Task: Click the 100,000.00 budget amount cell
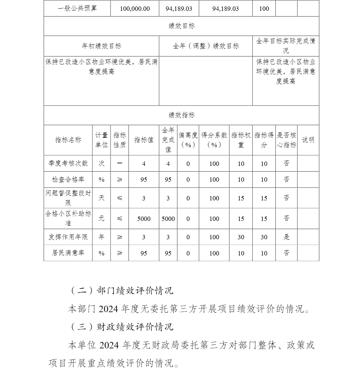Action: click(x=135, y=9)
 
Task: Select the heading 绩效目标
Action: click(x=181, y=26)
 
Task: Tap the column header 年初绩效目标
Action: click(x=101, y=46)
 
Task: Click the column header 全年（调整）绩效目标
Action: click(x=206, y=46)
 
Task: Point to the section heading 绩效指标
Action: click(x=181, y=115)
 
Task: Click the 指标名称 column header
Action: click(x=68, y=140)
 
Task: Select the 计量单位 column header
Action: click(x=102, y=140)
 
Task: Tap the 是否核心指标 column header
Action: click(x=287, y=140)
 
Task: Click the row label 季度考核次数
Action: click(x=68, y=163)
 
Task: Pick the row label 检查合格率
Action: click(x=68, y=179)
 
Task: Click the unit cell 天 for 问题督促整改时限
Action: click(x=102, y=198)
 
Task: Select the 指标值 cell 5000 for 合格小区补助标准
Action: click(x=144, y=219)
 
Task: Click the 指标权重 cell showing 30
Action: click(x=241, y=237)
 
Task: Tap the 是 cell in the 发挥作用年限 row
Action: click(x=287, y=237)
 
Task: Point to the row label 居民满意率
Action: click(x=68, y=253)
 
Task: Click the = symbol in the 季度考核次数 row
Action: click(x=120, y=163)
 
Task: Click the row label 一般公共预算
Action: click(x=77, y=9)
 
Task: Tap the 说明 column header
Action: click(x=308, y=140)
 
